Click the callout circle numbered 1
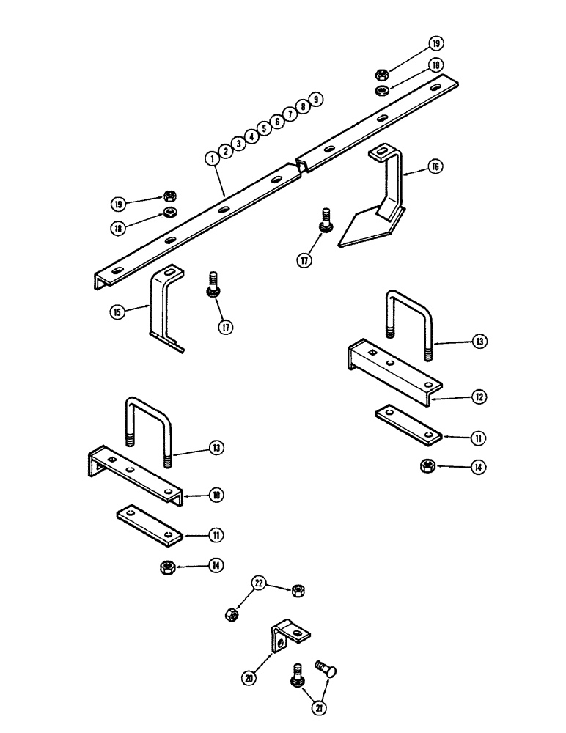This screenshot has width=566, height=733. (211, 158)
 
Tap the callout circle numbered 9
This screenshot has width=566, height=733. (315, 100)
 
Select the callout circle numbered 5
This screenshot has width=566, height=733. (263, 128)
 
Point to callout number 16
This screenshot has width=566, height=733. (435, 167)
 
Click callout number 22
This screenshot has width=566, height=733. (258, 583)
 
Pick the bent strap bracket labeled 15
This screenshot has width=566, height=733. (161, 304)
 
